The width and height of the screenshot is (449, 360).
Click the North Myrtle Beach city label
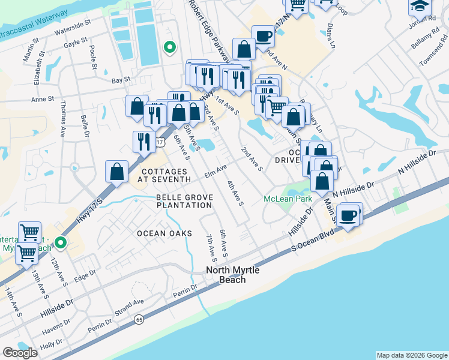point(233,275)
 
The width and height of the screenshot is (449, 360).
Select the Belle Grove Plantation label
point(184,201)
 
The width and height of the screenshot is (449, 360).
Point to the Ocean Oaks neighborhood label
point(164,233)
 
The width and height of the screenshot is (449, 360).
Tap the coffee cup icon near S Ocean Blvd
point(348,214)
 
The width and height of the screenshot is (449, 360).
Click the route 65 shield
point(139,319)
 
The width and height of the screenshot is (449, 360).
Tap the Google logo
point(20,353)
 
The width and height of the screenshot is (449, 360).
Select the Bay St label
point(121,80)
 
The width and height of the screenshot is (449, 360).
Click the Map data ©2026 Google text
point(411,355)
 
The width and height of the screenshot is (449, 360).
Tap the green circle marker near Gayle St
point(170,46)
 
